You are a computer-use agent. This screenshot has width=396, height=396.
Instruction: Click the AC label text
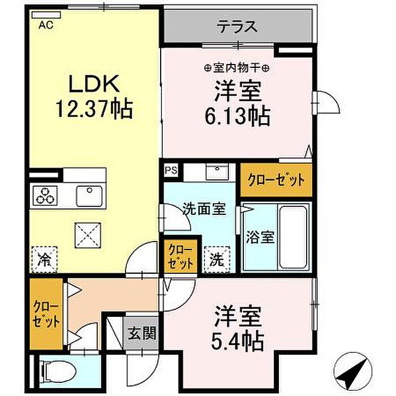[x=46, y=25]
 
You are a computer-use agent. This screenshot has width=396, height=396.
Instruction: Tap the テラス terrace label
[x=238, y=27]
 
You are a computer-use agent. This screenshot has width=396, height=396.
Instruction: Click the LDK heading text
[x=94, y=84]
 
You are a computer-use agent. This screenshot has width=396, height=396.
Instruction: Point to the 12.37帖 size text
[x=94, y=109]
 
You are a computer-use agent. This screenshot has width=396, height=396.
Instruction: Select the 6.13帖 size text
[x=238, y=117]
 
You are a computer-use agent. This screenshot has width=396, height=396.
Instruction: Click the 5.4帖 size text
[x=238, y=342]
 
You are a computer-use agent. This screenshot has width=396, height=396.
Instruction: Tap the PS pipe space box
[x=171, y=170]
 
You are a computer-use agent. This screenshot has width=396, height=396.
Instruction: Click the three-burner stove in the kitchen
[x=45, y=196]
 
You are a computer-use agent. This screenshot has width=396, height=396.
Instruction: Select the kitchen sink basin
[x=89, y=196]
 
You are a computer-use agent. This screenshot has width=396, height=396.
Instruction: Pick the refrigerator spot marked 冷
[x=44, y=260]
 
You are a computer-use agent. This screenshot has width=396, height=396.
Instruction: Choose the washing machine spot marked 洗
[x=217, y=260]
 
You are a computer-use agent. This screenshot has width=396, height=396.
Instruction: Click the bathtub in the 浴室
[x=293, y=238]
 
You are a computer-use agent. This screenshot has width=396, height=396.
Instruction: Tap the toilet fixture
[x=58, y=372]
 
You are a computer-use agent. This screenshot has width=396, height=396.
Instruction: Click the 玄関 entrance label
[x=141, y=333]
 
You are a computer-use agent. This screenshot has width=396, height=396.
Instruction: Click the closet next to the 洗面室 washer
[x=180, y=256]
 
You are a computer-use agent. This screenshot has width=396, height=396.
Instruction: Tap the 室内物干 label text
[x=237, y=68]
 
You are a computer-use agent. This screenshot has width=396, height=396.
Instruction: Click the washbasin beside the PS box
[x=217, y=171]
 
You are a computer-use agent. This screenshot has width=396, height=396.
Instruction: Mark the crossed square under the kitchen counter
[x=88, y=235]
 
